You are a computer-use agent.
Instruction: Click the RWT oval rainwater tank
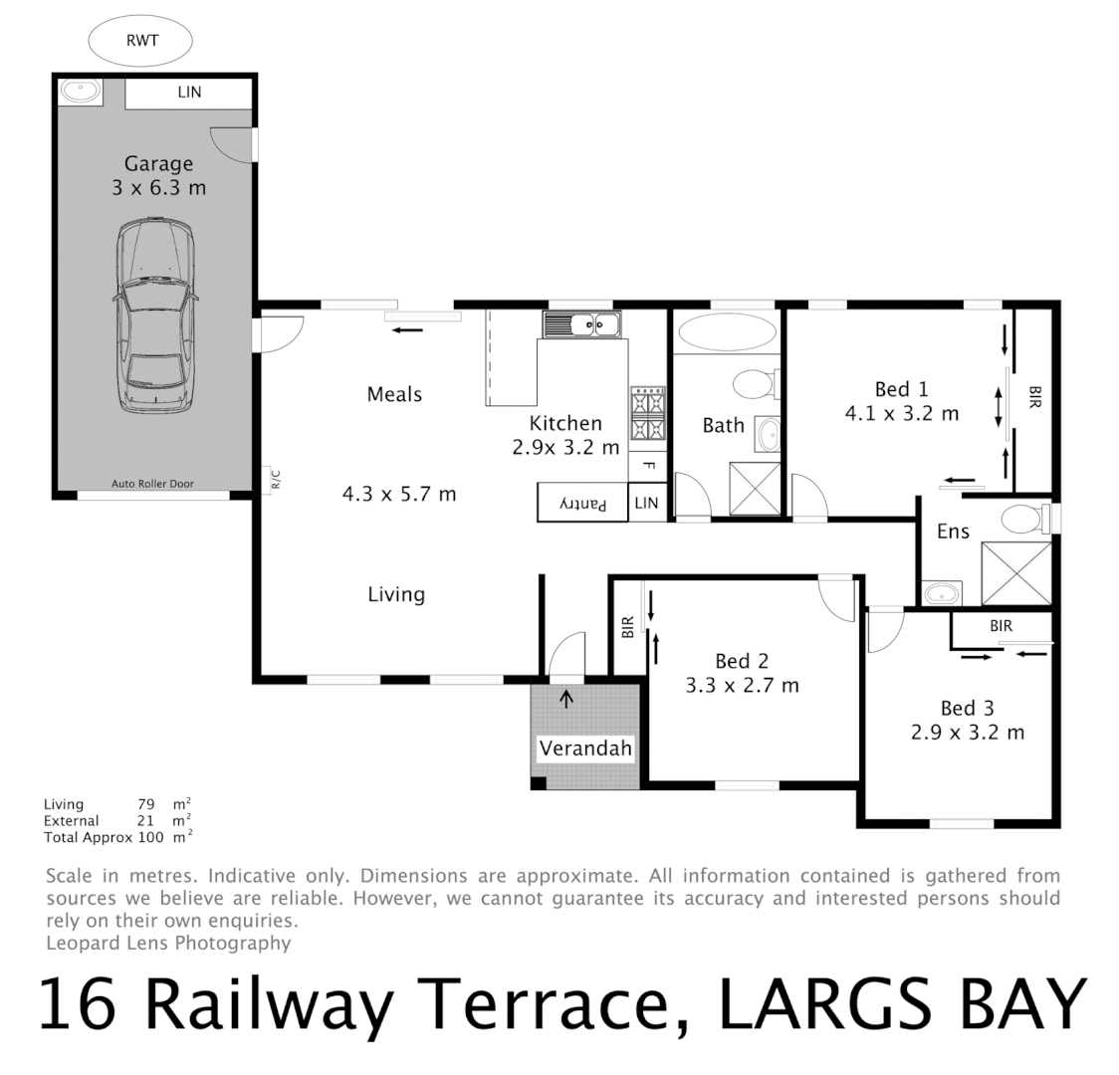click(x=139, y=41)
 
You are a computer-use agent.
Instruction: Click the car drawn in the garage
click(x=156, y=316)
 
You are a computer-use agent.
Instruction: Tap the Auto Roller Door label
click(x=152, y=484)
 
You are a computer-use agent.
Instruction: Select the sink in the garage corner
click(x=79, y=93)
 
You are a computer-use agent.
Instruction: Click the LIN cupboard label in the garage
click(x=189, y=93)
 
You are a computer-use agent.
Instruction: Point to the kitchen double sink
click(x=581, y=323)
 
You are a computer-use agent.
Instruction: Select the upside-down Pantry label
click(x=583, y=504)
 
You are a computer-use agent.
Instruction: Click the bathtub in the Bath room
click(x=724, y=331)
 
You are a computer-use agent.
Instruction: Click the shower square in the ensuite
click(x=1015, y=573)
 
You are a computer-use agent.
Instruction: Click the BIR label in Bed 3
click(x=1001, y=626)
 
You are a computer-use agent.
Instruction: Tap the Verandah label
click(x=585, y=749)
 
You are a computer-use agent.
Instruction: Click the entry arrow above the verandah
click(x=566, y=699)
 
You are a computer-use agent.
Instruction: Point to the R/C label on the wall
click(x=276, y=481)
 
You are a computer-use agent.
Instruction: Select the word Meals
click(x=394, y=394)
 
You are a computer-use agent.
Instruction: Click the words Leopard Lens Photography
click(x=168, y=943)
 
